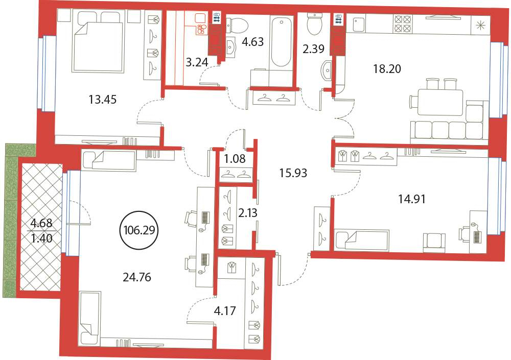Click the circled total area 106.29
(139, 230)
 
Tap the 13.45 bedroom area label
(102, 100)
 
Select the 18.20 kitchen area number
(387, 69)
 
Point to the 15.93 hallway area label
(293, 173)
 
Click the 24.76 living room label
(137, 277)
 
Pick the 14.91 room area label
(412, 199)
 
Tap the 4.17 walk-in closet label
(225, 311)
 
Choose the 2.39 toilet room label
(313, 49)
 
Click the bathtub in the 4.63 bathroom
(281, 42)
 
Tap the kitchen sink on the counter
(361, 24)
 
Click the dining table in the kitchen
(440, 102)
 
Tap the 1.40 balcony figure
(41, 238)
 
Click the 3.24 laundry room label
(197, 62)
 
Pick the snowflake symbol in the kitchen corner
(480, 25)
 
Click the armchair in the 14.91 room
(434, 243)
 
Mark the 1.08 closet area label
(235, 159)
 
